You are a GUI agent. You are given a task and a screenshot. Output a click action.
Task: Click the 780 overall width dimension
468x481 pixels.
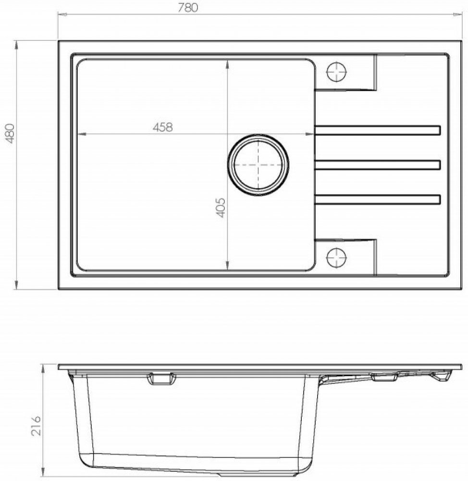click(188, 8)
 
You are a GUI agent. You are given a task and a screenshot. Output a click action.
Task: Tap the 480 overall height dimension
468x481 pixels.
click(11, 134)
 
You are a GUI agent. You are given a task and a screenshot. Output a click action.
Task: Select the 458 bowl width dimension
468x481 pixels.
click(163, 127)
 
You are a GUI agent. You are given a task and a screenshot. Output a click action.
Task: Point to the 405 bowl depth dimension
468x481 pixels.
click(221, 207)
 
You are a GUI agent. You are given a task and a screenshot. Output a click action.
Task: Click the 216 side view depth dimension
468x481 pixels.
click(36, 426)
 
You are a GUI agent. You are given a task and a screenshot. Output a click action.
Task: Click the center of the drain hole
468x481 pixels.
click(258, 165)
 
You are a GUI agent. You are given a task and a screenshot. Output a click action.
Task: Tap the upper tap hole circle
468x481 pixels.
click(336, 73)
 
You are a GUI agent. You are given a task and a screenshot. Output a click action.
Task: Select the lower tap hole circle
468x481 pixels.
click(336, 257)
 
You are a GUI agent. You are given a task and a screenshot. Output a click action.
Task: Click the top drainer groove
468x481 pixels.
click(378, 130)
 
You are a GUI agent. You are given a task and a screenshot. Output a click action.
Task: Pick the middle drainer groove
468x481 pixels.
click(378, 165)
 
